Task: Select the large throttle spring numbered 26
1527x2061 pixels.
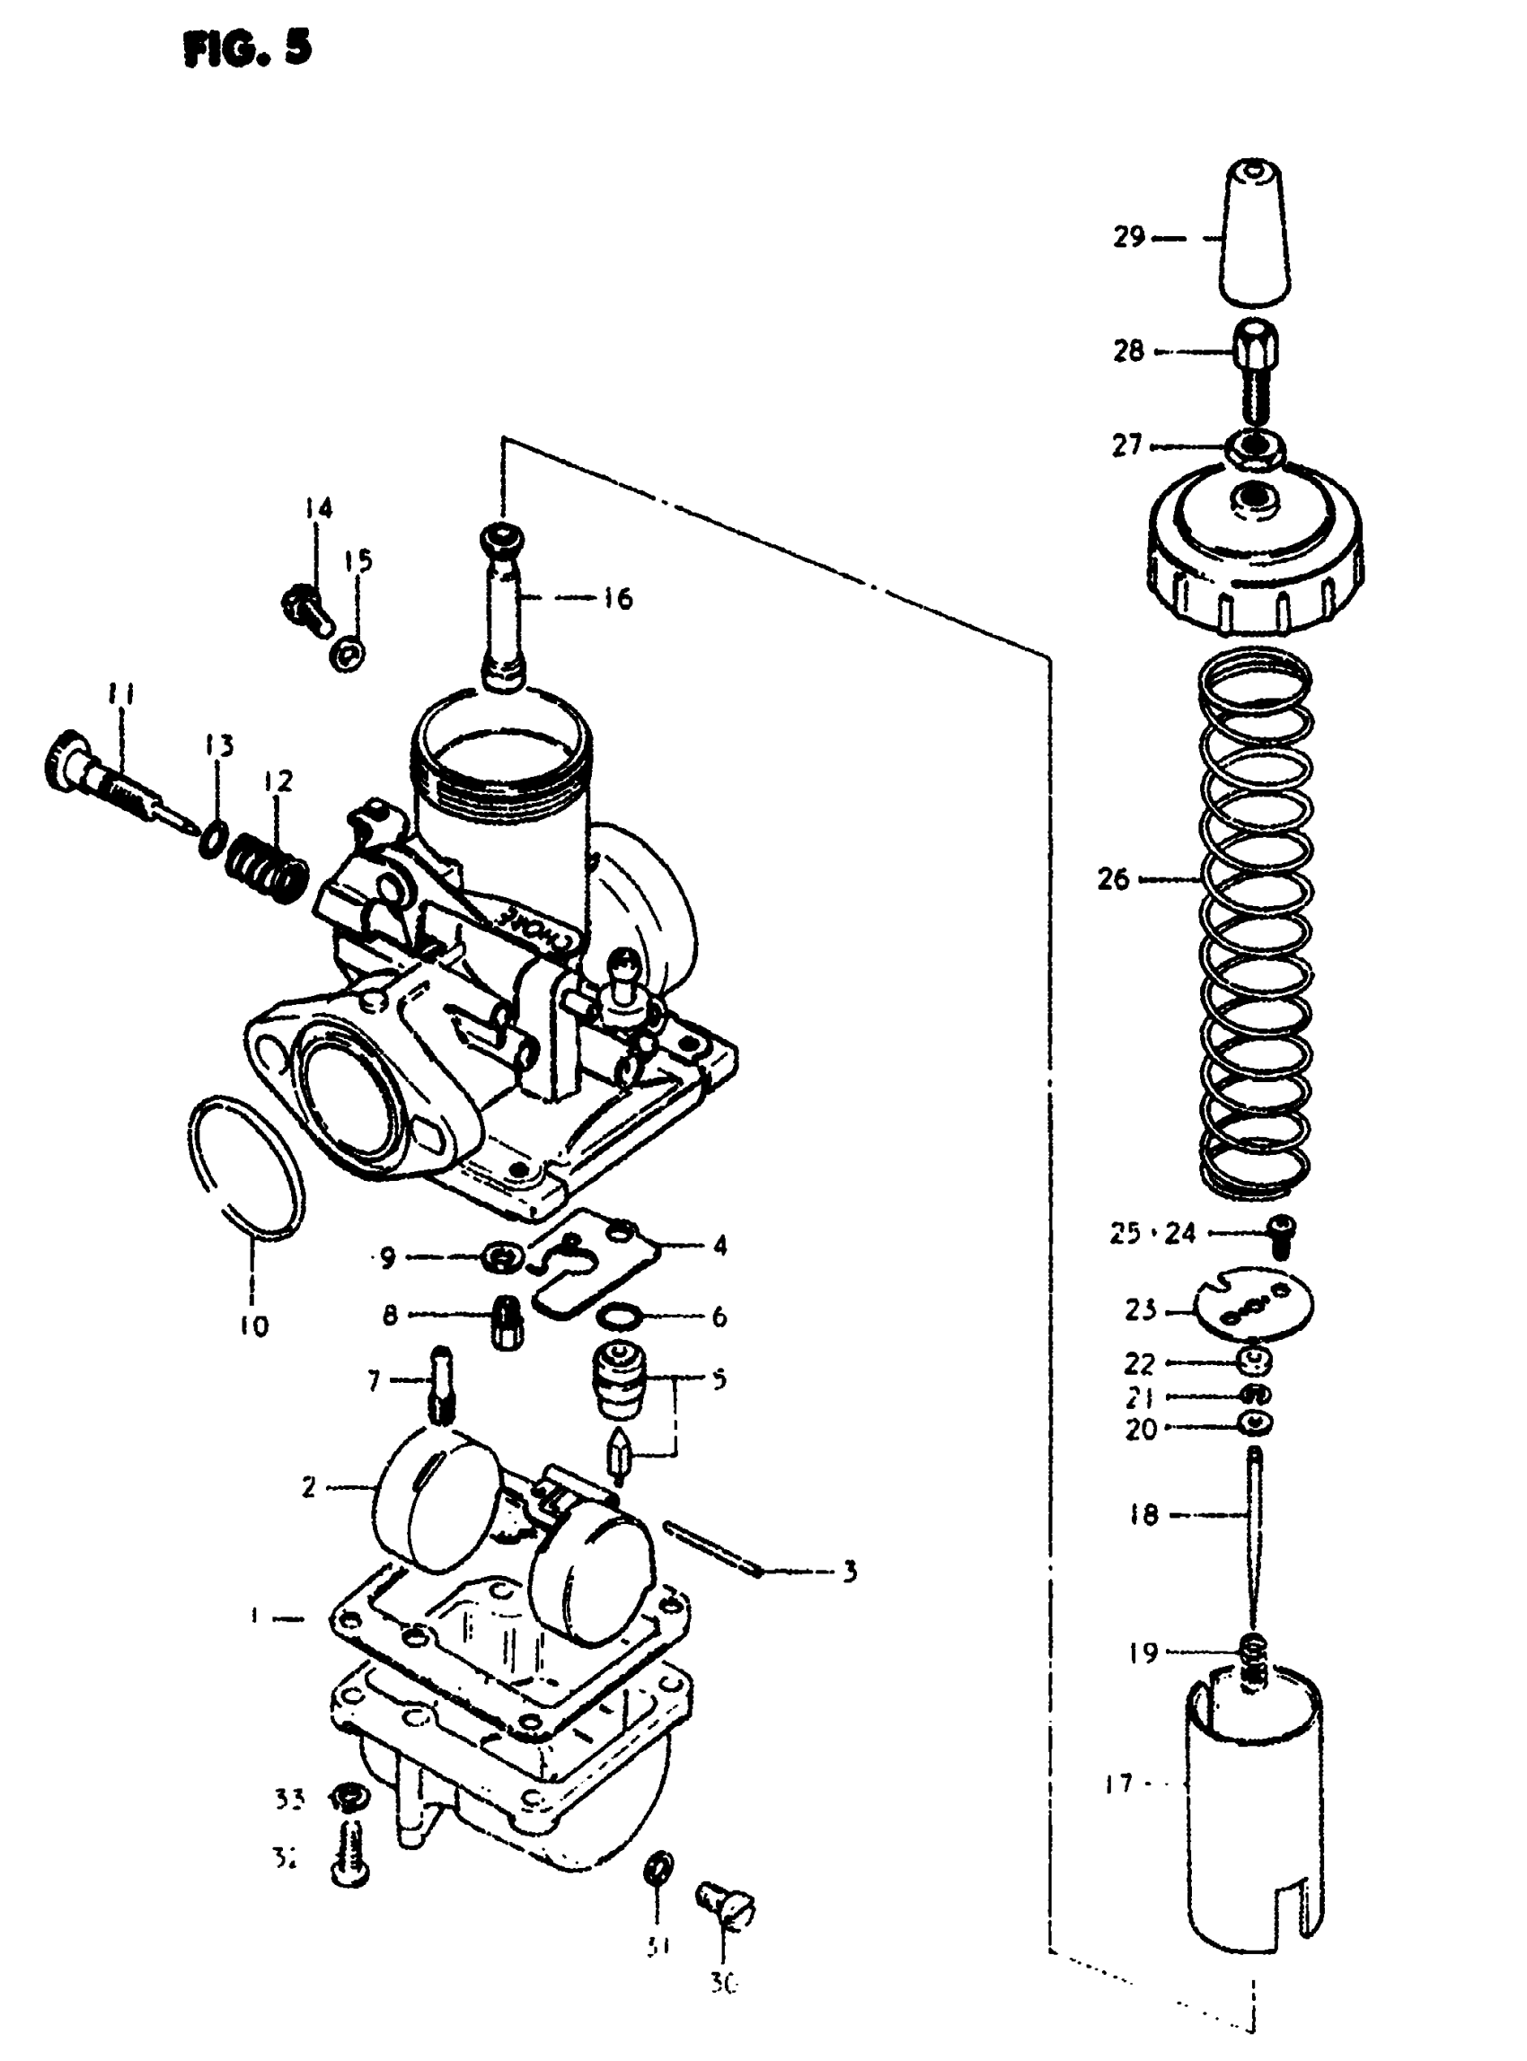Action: point(1258,924)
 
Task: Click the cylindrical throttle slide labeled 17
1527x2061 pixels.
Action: point(1254,1811)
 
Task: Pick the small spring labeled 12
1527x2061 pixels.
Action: point(268,867)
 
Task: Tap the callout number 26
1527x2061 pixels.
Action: point(1114,879)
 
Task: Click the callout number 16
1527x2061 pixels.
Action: point(616,598)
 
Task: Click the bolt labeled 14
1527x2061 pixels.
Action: point(305,606)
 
